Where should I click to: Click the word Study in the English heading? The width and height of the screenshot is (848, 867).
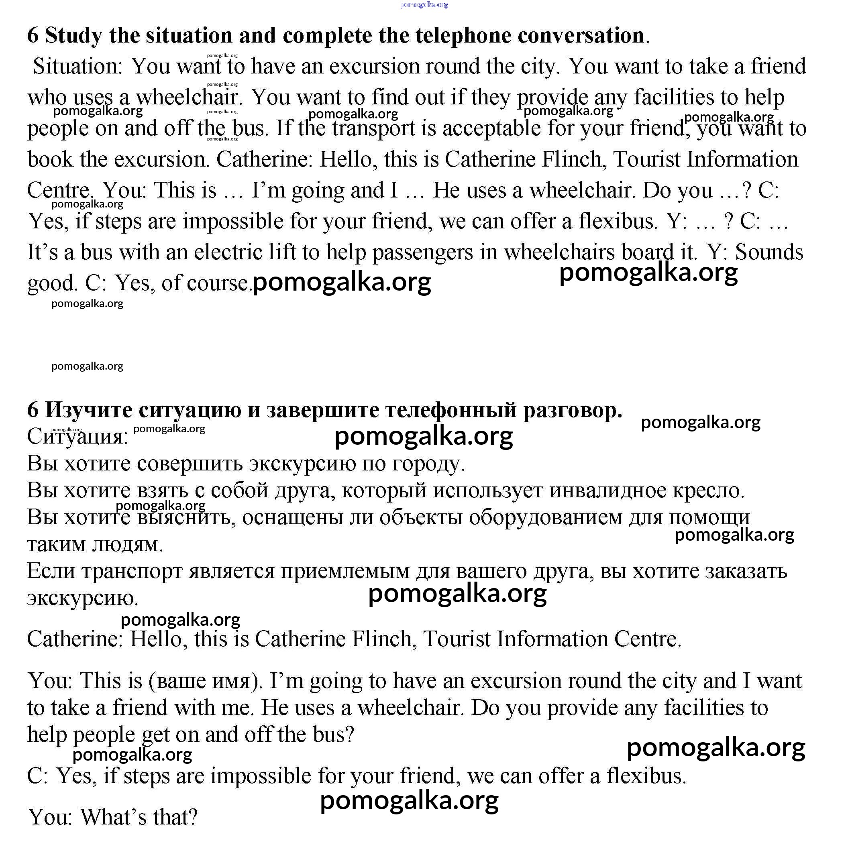[73, 36]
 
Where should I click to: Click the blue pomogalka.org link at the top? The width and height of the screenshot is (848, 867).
[424, 4]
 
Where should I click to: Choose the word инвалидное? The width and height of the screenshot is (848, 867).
[608, 491]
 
